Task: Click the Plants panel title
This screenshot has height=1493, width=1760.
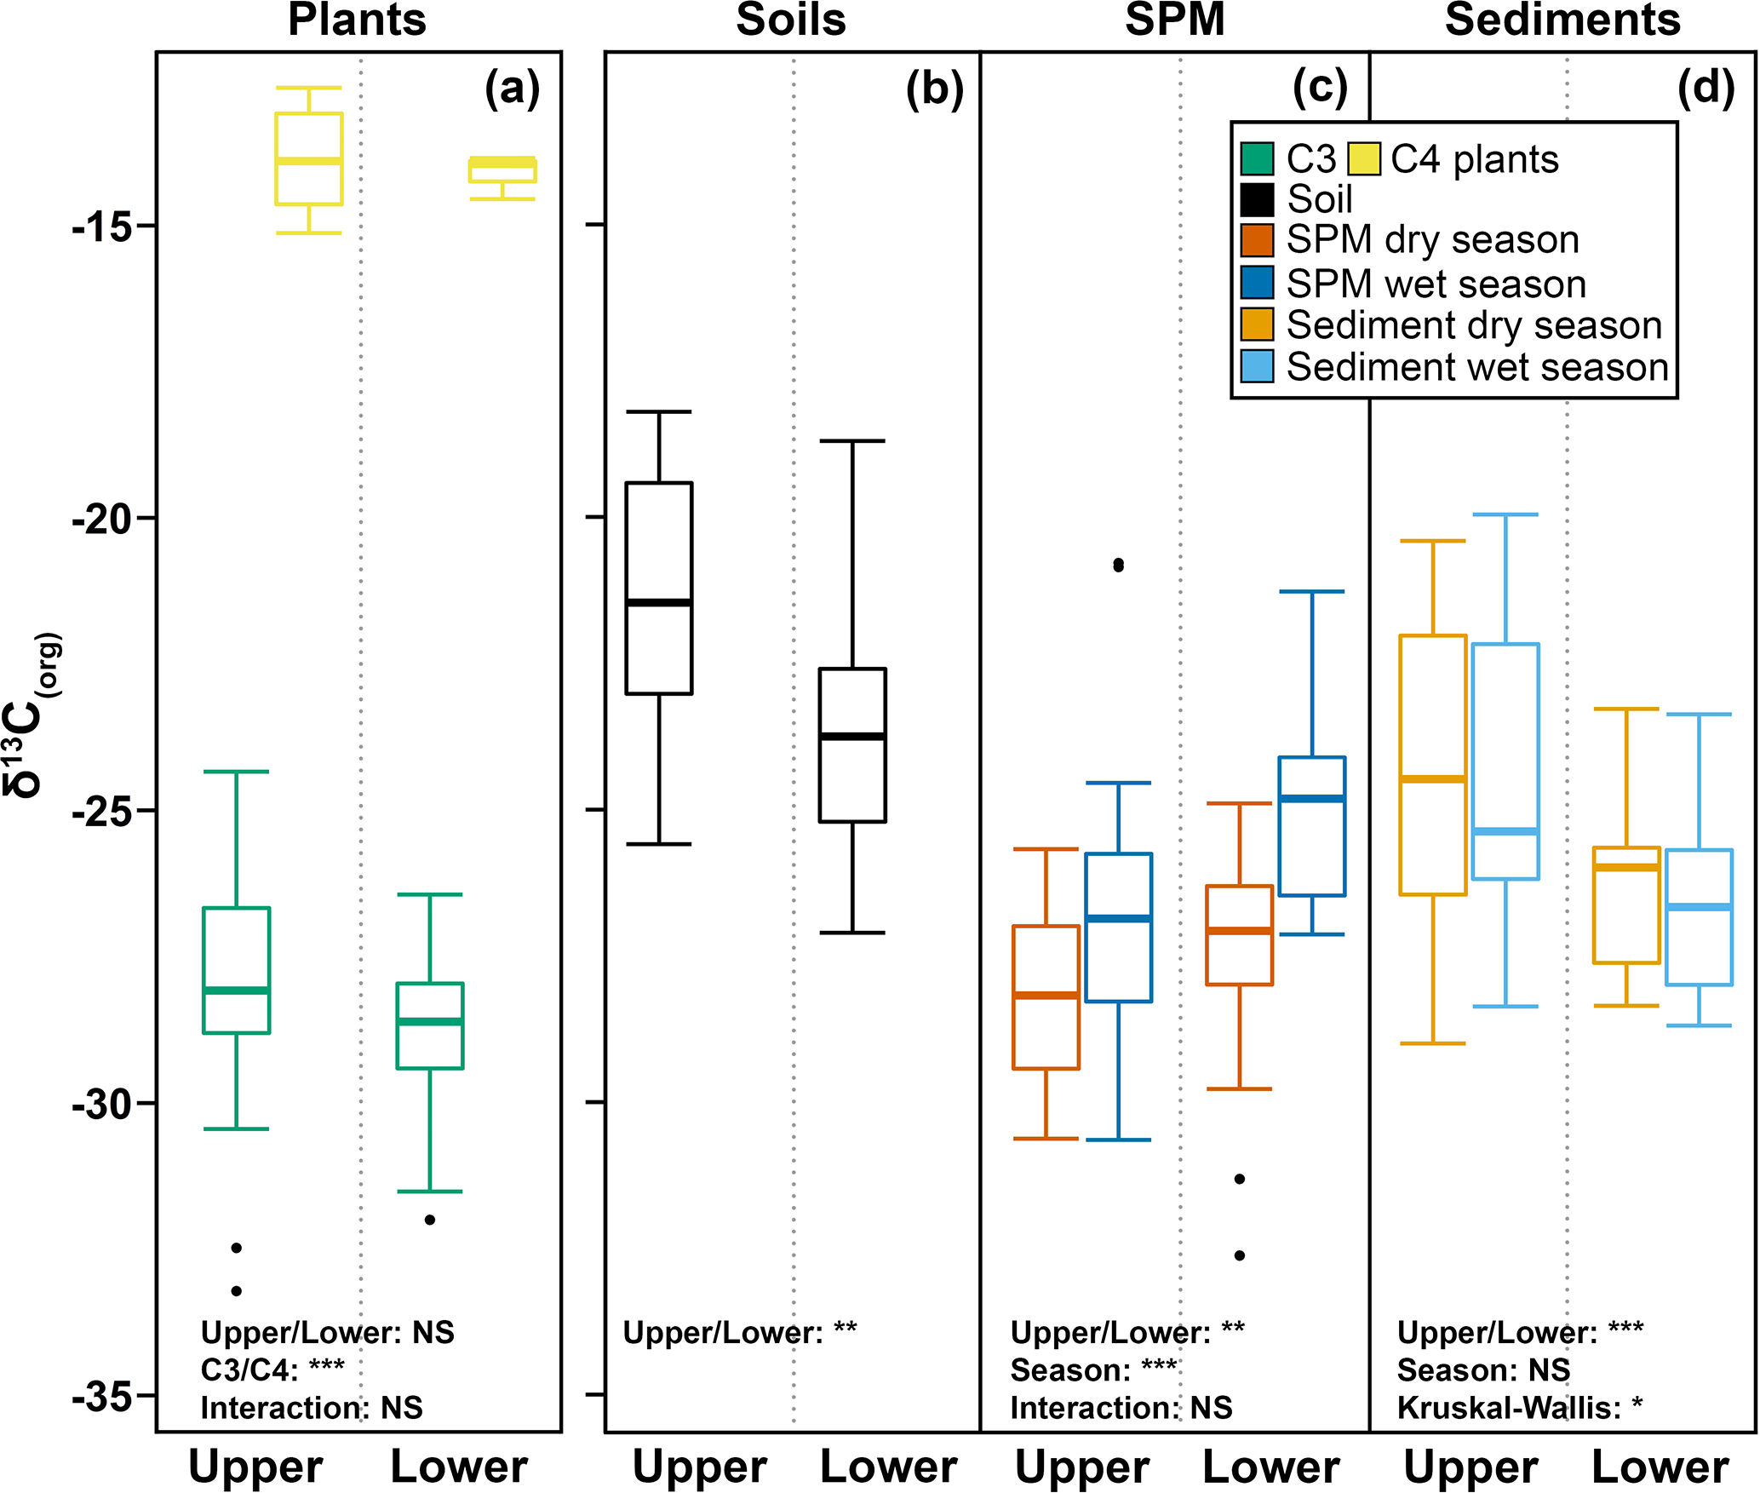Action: (357, 20)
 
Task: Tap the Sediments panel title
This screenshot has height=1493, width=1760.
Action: (1562, 20)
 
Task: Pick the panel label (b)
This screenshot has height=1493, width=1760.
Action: (934, 89)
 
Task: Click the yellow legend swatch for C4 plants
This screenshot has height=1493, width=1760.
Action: (1363, 159)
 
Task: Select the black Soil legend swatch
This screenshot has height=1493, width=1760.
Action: (1257, 200)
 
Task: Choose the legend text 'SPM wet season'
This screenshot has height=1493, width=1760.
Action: (1436, 284)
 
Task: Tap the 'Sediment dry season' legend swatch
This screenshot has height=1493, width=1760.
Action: (1257, 324)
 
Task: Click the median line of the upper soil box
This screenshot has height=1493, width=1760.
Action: (659, 602)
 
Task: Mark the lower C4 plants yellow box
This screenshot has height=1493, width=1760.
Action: (502, 170)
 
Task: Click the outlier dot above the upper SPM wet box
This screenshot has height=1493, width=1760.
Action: (1118, 565)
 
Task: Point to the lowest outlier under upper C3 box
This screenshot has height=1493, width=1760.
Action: (237, 1291)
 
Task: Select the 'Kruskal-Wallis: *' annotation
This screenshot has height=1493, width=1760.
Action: (1519, 1409)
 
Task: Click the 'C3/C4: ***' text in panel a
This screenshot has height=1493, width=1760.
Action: (272, 1370)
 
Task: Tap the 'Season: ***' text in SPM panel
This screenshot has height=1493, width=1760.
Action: (1093, 1370)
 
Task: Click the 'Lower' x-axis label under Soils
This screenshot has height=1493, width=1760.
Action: (888, 1467)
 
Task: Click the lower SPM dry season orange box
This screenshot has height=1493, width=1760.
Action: (1240, 935)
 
